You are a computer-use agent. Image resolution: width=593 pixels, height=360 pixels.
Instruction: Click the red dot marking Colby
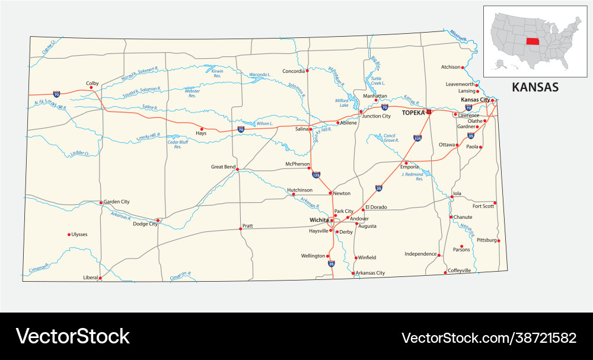point(91,88)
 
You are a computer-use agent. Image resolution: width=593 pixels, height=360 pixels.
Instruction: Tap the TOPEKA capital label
point(413,112)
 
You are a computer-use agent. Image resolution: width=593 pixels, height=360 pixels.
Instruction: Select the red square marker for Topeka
point(429,111)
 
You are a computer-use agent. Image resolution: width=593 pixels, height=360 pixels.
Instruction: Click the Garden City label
point(116,202)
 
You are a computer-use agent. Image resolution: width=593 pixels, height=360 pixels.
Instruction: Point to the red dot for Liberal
point(100,278)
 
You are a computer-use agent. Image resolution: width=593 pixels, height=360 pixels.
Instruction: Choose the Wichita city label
point(319,219)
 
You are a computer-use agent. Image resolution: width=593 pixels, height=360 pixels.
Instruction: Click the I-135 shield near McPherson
point(316,175)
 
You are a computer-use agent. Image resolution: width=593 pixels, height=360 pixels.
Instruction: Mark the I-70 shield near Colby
point(56,94)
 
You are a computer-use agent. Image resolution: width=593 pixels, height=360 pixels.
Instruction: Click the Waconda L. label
point(260,75)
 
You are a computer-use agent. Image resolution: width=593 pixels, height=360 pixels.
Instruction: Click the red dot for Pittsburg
point(499,240)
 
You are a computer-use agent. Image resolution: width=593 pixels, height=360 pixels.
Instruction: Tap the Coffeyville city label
point(459,270)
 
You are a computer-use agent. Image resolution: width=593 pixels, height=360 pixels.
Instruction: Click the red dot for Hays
point(202,129)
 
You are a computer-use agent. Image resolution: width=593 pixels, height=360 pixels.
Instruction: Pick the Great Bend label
point(223,167)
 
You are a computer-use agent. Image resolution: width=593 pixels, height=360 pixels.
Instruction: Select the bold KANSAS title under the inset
point(535,87)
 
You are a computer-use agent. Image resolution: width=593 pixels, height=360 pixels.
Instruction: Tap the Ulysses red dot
point(69,234)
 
